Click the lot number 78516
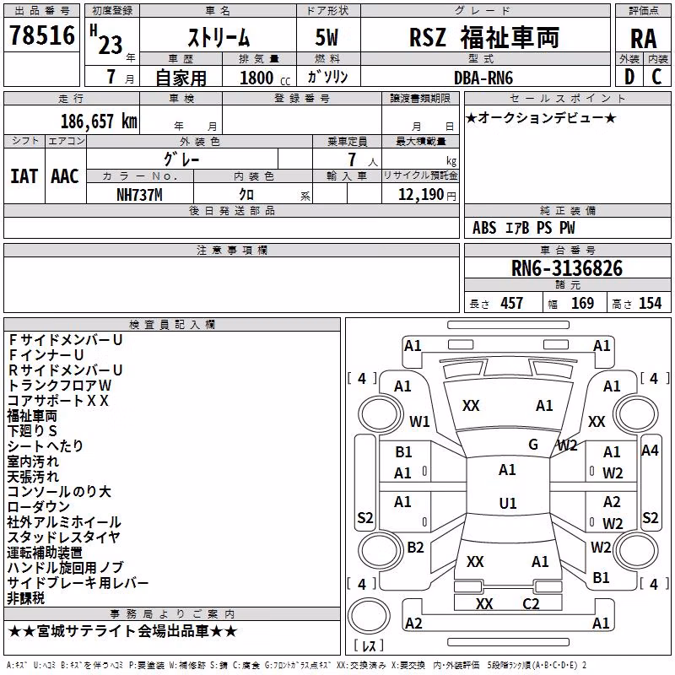coord(42,35)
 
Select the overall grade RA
coord(644,39)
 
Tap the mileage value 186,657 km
coord(99,121)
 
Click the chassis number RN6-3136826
coord(567,268)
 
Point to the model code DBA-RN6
coord(483,78)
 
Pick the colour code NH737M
coord(139,195)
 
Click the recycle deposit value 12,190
coord(420,195)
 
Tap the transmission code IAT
coord(24,176)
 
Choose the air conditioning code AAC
coord(65,176)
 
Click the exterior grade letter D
coord(629,77)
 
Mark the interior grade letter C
coord(656,77)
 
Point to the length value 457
coord(512,304)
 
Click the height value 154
coord(651,304)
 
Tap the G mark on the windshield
coord(533,445)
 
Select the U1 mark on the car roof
coord(508,503)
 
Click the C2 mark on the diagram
coord(531,604)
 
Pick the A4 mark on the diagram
coord(650,451)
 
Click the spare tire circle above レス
coord(369,616)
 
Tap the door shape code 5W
coord(327,37)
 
